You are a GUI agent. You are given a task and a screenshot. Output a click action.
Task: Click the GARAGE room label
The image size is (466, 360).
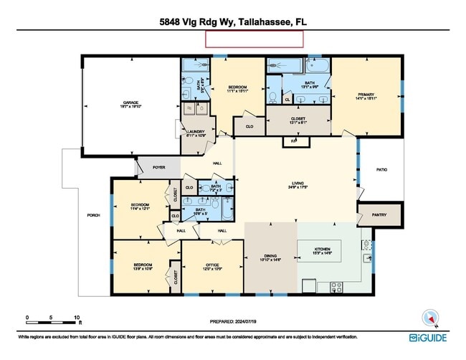click(x=130, y=103)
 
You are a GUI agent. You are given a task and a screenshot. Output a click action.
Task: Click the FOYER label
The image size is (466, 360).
click(x=158, y=167)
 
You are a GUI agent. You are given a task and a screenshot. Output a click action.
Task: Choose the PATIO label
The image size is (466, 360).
click(x=382, y=170)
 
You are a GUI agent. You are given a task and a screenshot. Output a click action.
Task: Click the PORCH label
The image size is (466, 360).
click(x=92, y=215)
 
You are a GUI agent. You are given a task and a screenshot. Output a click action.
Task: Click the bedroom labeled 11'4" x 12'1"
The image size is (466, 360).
click(x=140, y=206)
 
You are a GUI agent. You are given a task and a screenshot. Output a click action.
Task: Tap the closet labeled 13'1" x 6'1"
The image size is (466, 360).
click(x=298, y=118)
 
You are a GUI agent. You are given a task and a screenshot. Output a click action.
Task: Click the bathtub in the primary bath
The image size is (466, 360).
click(x=318, y=67)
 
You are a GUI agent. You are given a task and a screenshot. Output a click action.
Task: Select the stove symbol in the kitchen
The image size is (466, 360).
click(x=336, y=288)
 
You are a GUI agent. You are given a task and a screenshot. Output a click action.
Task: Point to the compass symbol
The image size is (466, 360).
click(x=430, y=316)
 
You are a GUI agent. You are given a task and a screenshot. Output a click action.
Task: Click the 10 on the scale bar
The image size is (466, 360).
click(x=76, y=317)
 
